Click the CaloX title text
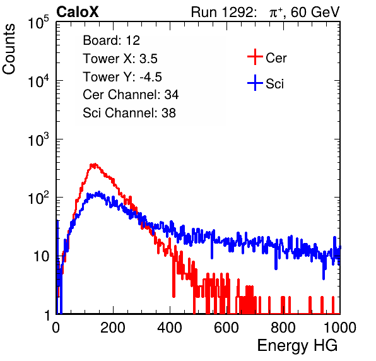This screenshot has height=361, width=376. click(78, 12)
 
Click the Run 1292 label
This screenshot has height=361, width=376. click(222, 12)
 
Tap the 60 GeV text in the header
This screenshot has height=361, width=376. click(315, 13)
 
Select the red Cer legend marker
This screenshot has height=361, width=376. click(255, 57)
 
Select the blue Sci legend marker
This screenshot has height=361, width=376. click(255, 83)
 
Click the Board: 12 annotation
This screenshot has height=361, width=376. click(111, 40)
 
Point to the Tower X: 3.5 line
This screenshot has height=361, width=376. click(120, 59)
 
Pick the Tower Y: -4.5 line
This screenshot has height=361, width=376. click(122, 77)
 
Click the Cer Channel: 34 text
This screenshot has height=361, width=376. click(131, 95)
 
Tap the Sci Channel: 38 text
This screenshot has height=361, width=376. click(129, 113)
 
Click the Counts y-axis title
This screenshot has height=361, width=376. click(9, 49)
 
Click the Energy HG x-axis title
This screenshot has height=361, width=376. click(297, 346)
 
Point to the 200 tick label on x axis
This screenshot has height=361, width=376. click(113, 328)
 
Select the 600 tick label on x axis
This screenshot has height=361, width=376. click(226, 328)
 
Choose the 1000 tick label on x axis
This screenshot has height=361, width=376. click(340, 328)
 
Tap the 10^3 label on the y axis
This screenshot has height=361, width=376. click(38, 139)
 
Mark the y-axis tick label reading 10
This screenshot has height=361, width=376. click(41, 256)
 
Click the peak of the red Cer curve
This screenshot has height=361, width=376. click(94, 165)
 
